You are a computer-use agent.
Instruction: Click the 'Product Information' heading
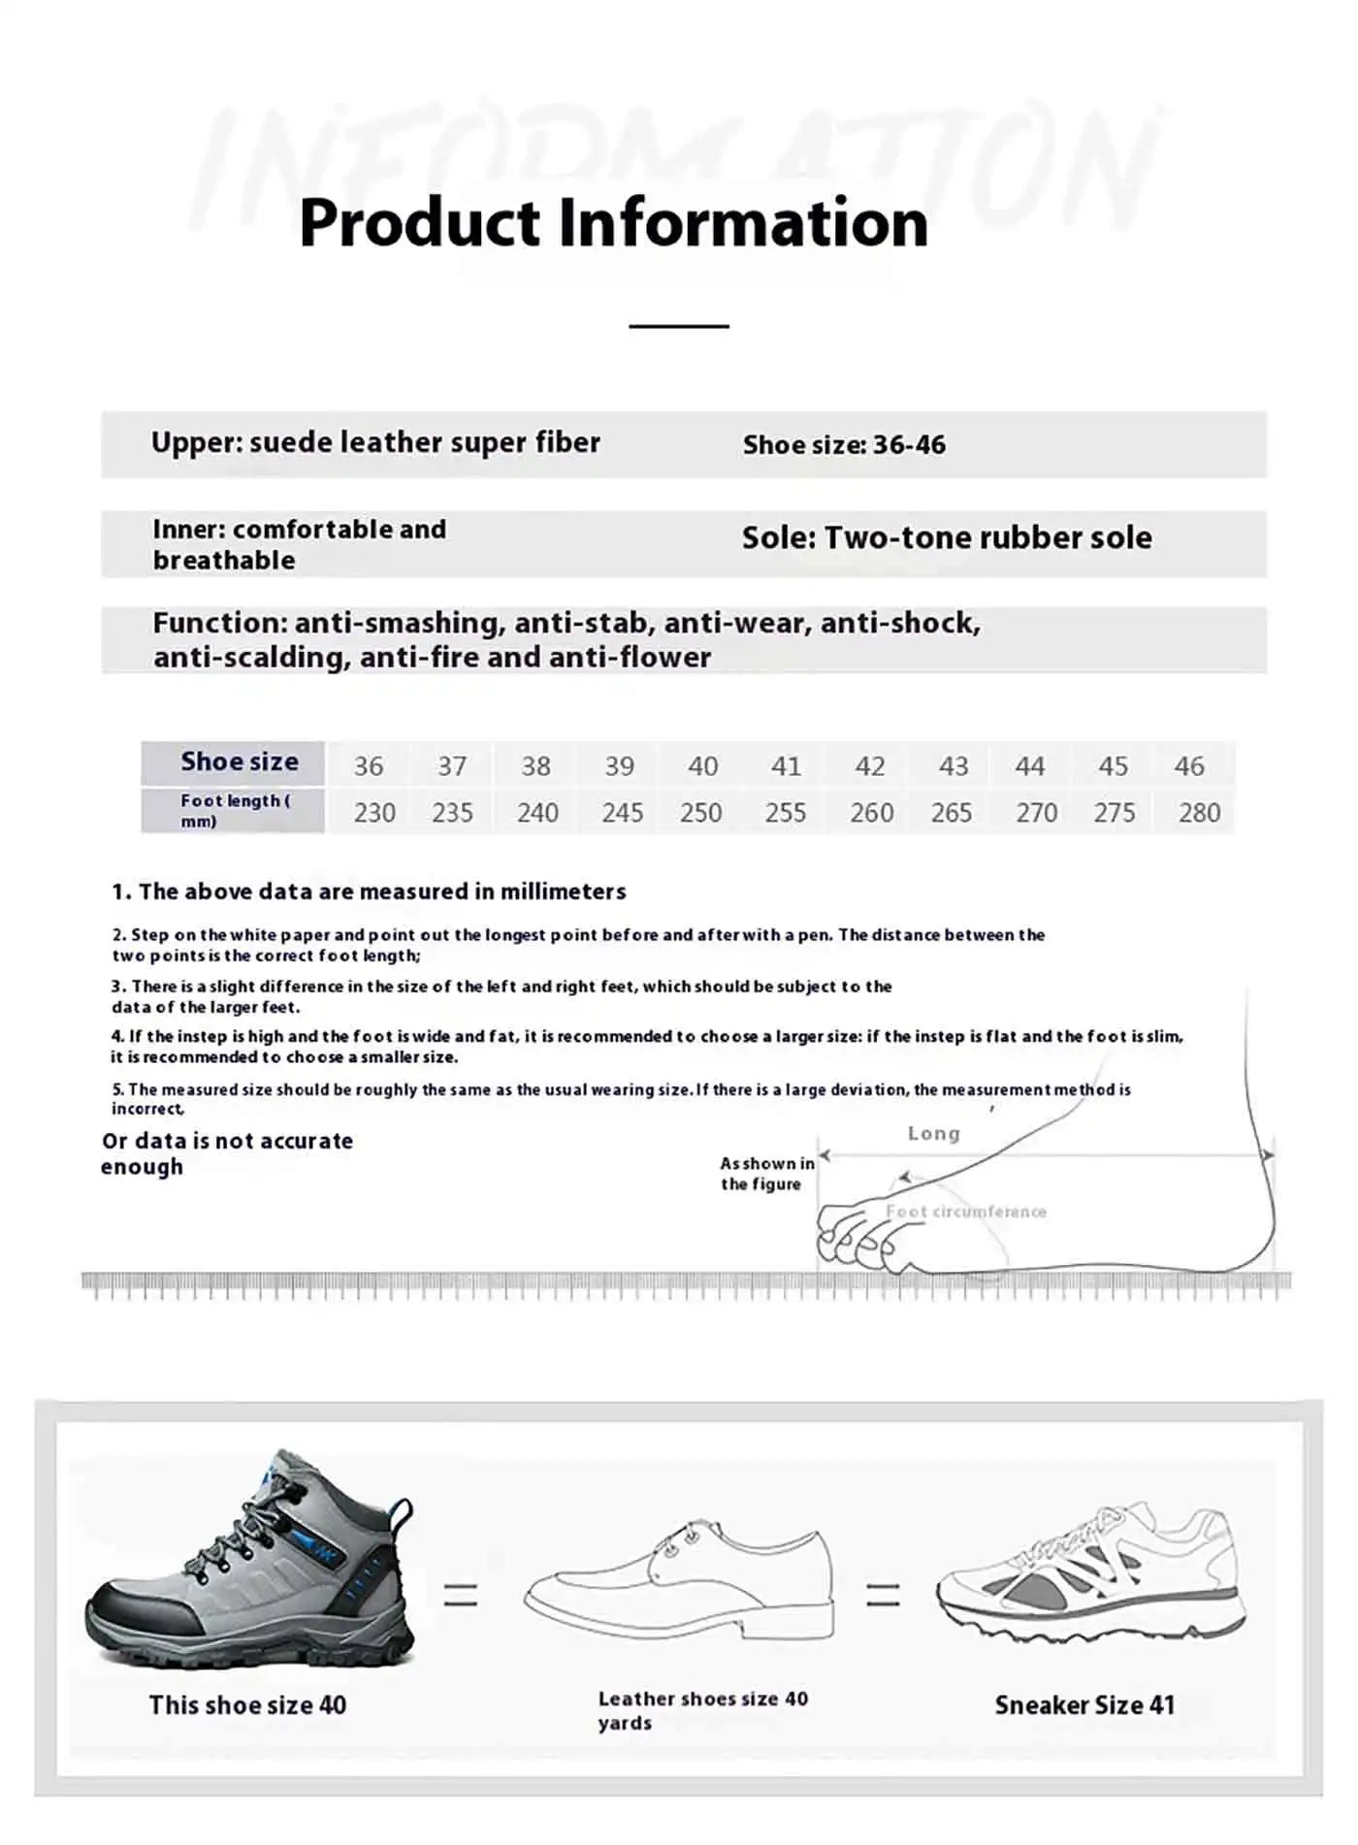click(613, 223)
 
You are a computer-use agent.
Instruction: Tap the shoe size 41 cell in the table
click(786, 766)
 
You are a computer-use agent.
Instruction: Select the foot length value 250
click(700, 813)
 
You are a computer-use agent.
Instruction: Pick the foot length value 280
click(1199, 813)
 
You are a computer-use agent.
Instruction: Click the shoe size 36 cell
click(368, 766)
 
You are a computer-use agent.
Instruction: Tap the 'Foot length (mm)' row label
click(234, 811)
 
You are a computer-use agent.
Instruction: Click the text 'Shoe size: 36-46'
click(844, 445)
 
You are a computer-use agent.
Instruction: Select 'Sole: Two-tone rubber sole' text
click(947, 538)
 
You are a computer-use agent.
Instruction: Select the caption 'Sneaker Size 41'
click(1084, 1705)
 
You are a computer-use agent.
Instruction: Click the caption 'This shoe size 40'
click(247, 1705)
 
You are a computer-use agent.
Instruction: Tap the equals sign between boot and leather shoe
click(461, 1595)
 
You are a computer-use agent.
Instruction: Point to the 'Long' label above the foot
click(933, 1134)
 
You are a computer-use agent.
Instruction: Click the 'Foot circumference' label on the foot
click(965, 1212)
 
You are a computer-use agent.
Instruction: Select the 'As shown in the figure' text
click(766, 1174)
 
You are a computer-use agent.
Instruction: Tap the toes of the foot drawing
click(854, 1237)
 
